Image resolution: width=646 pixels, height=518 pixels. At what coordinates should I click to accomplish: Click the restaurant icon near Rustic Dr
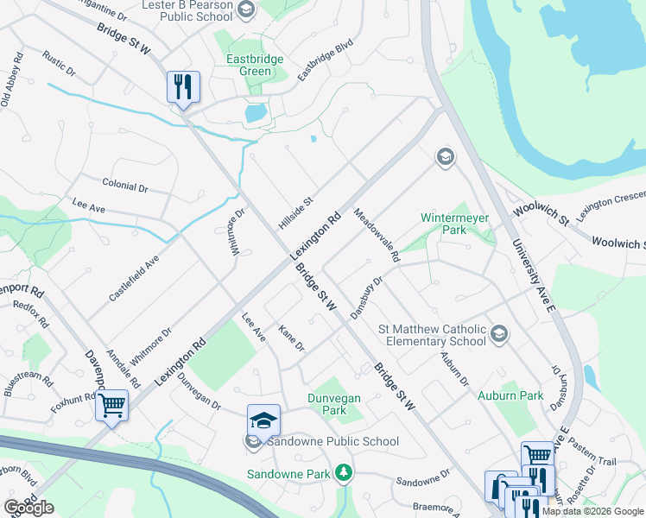[183, 87]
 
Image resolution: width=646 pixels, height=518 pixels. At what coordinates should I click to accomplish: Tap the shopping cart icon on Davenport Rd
[112, 405]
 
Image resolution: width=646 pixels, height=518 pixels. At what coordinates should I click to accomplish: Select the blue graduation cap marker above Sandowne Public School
[263, 420]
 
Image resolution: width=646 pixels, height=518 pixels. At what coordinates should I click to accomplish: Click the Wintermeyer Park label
[454, 224]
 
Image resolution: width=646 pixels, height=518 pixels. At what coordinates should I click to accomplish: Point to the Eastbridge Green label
[249, 66]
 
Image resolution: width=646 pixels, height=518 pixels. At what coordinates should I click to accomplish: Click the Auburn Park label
[510, 395]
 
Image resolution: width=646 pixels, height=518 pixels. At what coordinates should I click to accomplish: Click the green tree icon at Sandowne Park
[344, 472]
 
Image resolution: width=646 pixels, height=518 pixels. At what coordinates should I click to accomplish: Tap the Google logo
[29, 508]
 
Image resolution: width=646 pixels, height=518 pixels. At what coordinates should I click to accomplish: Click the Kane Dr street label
[292, 338]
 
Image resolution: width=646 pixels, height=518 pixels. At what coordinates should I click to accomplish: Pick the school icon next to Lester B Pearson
[245, 10]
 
